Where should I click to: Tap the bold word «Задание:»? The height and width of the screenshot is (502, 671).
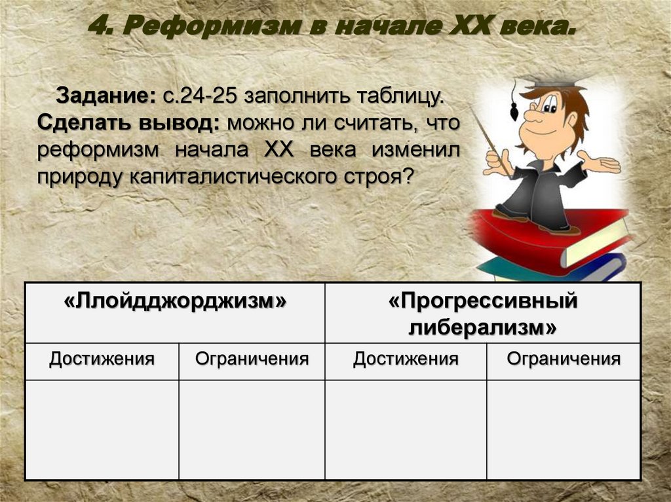click(105, 97)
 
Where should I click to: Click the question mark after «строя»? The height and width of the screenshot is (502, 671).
click(408, 176)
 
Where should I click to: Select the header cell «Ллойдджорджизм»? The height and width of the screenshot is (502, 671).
click(176, 302)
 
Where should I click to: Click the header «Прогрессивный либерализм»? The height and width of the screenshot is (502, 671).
click(483, 314)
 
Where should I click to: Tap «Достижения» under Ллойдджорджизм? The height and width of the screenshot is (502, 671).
click(102, 359)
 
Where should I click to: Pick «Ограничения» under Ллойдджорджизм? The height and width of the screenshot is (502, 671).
click(252, 359)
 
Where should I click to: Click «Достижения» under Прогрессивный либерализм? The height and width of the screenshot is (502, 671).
click(406, 359)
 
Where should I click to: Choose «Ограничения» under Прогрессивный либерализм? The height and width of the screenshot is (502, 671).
click(564, 359)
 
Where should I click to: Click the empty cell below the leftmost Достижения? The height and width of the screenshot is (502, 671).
click(102, 429)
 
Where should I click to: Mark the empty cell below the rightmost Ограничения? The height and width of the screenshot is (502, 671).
click(564, 429)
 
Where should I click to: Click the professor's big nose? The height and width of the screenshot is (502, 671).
click(532, 118)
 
